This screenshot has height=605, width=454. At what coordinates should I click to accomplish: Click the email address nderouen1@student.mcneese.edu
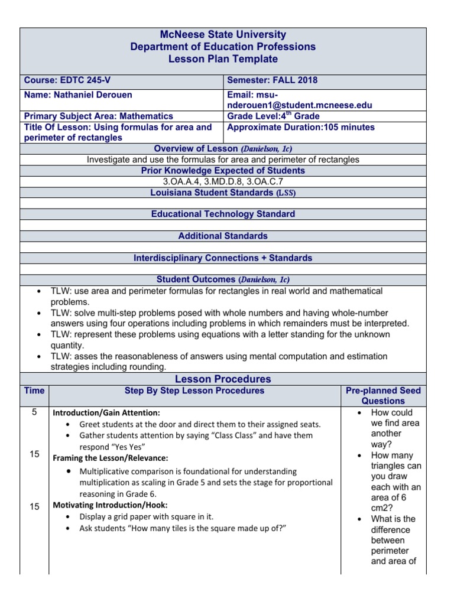pos(300,105)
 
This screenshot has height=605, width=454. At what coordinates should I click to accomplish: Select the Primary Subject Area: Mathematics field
pos(98,116)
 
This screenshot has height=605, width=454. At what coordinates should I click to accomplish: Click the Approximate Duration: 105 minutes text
pos(301,127)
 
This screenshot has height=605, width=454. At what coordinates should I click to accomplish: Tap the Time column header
pos(34,391)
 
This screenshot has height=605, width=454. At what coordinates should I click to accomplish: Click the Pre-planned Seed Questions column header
pos(383,396)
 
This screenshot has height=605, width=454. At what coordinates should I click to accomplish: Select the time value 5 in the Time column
pos(34,412)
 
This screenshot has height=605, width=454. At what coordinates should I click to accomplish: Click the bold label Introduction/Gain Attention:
pos(106,413)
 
